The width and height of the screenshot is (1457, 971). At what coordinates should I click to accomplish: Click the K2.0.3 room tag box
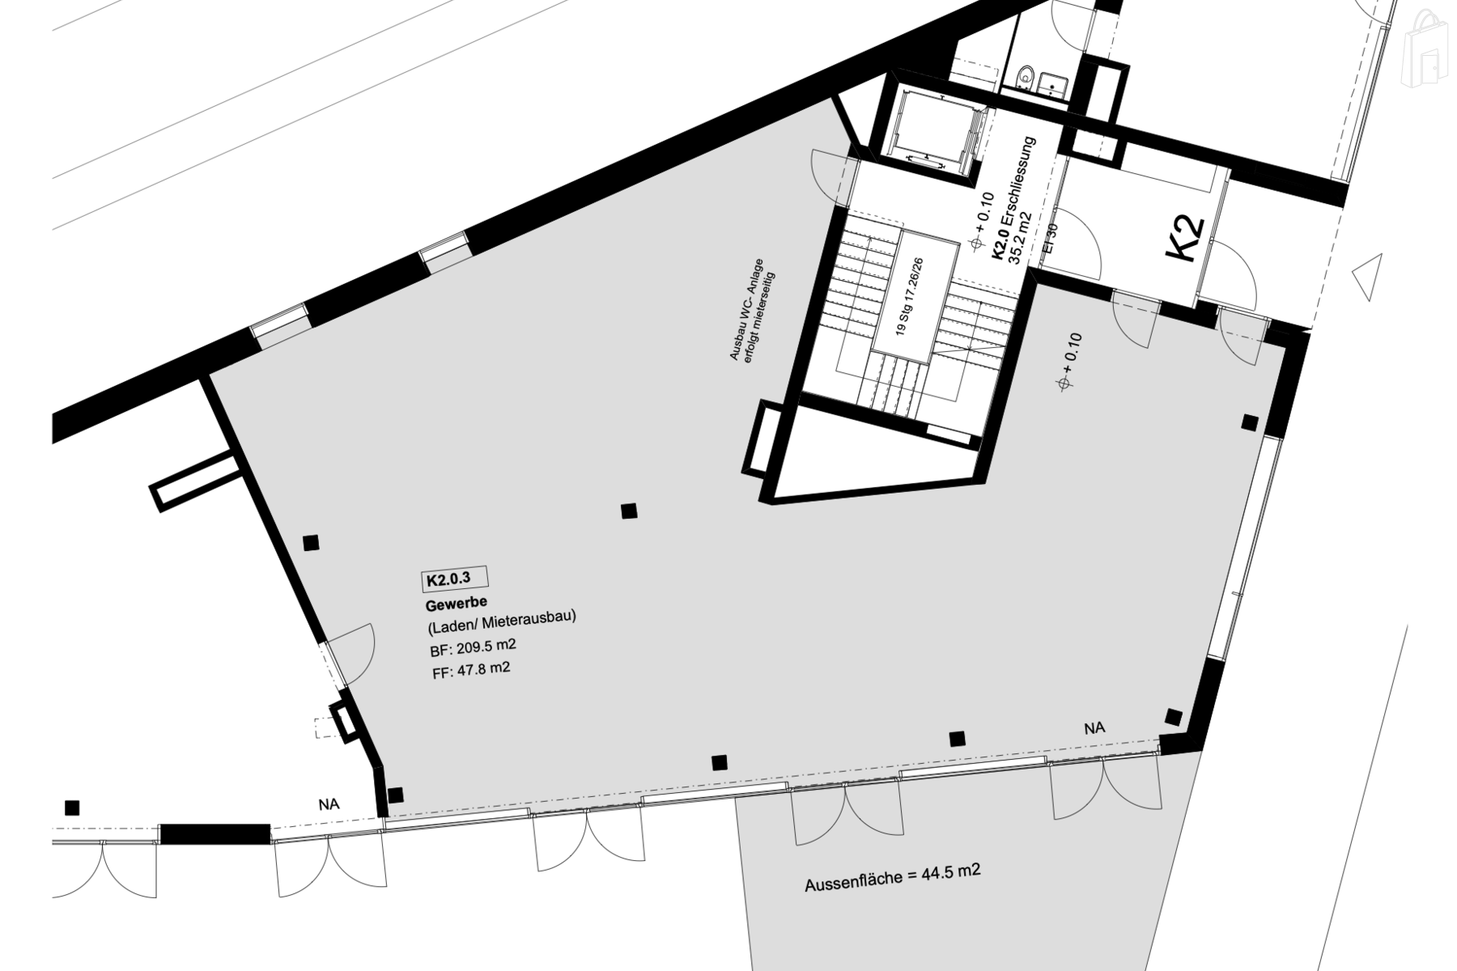click(x=454, y=579)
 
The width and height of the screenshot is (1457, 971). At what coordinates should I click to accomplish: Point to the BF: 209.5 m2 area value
click(x=473, y=647)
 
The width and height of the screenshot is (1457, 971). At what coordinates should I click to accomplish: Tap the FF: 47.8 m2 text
click(x=469, y=669)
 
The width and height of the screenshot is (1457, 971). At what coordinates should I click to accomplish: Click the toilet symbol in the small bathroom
click(x=1026, y=77)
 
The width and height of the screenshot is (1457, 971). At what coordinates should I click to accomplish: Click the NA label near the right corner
click(x=1094, y=728)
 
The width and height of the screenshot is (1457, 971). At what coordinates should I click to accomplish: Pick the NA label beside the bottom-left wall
click(x=329, y=804)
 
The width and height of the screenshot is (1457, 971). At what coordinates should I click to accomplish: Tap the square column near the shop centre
click(x=629, y=511)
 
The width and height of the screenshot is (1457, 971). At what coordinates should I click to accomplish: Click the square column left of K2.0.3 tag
click(x=311, y=543)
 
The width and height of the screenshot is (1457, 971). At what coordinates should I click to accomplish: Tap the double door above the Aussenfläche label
click(x=845, y=816)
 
